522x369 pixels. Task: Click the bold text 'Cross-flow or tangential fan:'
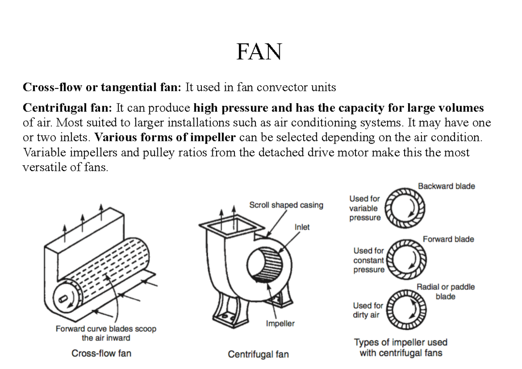coord(101,87)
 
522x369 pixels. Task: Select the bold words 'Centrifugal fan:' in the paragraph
coord(67,107)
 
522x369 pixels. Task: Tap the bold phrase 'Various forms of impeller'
coord(165,138)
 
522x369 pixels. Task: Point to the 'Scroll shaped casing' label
coord(286,205)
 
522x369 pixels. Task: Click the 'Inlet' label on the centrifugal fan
coord(302,227)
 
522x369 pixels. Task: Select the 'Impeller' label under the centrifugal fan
coord(280,324)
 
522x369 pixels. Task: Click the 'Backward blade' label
coord(446,186)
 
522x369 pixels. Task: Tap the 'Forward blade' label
coord(448,239)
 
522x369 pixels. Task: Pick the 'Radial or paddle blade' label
coord(445,292)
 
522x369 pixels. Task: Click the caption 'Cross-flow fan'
coord(101,353)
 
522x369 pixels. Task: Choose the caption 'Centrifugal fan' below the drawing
coord(258,354)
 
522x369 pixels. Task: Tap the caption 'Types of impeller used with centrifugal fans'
coord(401,348)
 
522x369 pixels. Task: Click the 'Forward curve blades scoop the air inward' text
coord(106,333)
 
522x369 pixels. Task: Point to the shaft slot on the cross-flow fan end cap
coord(64,299)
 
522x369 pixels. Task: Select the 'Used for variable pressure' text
coord(365,208)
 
